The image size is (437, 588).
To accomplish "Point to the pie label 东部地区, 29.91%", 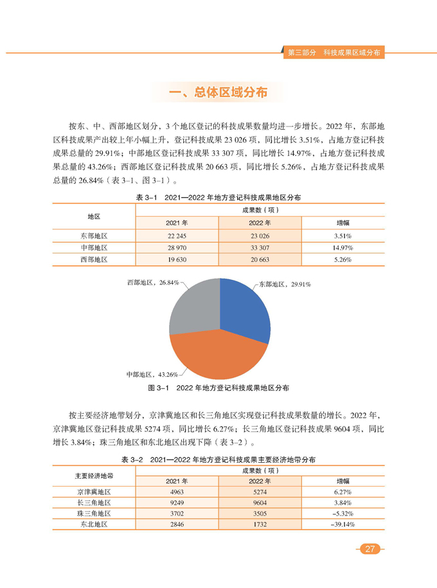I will click(285, 282).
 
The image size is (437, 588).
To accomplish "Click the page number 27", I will click(370, 548).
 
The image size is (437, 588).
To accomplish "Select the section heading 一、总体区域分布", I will click(218, 93).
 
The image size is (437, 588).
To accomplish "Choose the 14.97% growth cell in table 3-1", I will click(343, 247).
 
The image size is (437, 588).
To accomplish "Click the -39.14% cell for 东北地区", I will click(343, 524).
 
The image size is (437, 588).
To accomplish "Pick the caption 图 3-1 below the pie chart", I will click(219, 388).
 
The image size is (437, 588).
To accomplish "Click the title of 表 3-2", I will click(219, 460).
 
